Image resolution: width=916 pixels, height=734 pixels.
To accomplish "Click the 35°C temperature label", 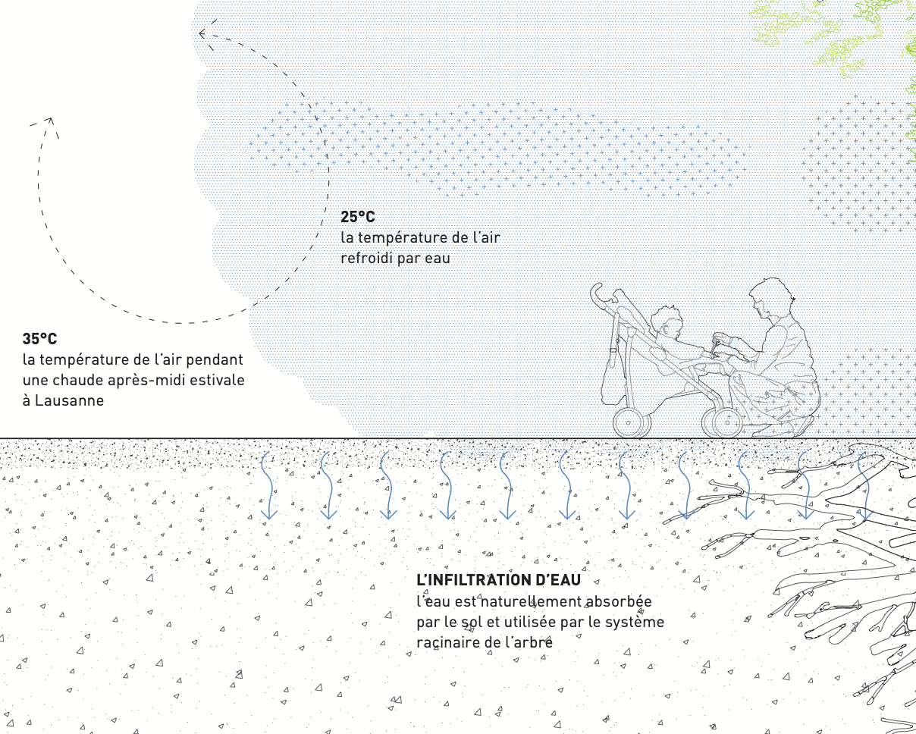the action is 39,339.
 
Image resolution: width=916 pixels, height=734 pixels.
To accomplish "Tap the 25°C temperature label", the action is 358,217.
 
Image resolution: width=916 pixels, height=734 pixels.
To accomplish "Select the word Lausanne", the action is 69,400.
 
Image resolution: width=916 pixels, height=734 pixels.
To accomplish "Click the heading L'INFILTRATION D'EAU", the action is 498,580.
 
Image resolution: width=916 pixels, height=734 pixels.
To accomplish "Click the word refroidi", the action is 366,259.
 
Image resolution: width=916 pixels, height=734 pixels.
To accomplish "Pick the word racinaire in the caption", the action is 447,642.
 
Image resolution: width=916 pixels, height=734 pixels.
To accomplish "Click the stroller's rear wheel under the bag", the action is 630,422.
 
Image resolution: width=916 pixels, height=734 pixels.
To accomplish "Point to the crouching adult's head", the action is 770,298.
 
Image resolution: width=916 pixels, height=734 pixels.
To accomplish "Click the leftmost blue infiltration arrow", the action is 268,485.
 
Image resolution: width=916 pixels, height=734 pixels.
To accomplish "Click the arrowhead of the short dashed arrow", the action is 51,123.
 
